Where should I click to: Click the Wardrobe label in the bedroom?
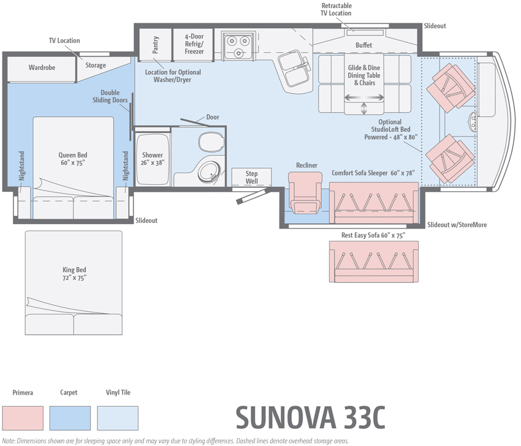42,67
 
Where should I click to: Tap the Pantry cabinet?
156,44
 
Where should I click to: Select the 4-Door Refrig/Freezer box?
194,44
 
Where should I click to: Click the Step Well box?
251,178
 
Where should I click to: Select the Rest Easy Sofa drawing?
373,260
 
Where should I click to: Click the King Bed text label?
74,273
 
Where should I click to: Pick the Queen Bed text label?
73,159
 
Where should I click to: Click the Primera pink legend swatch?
23,418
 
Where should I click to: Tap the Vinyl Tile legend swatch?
117,418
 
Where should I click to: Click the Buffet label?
364,45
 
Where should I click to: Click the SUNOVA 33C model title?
310,417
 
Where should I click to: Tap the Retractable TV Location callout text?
337,9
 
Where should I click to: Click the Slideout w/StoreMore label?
457,225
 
